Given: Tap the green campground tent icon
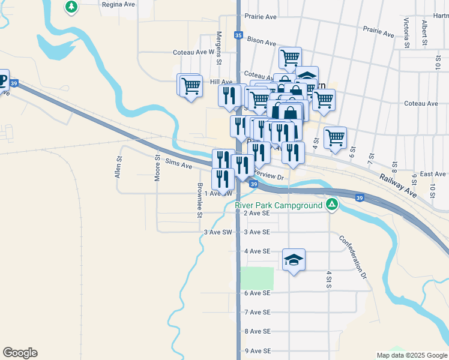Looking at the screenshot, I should [x=331, y=205].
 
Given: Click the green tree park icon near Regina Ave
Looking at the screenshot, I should [x=71, y=7].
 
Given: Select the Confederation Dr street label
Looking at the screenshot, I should [x=353, y=257].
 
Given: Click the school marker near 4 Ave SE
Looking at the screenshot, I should [x=294, y=260].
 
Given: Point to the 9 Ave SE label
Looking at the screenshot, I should [x=258, y=350].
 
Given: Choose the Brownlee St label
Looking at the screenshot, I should [x=200, y=200].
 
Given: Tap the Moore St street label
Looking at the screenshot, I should [x=157, y=169].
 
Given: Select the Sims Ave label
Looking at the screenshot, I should [x=179, y=163].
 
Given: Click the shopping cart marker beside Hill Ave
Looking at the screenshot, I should [x=191, y=86].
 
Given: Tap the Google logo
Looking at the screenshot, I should [x=20, y=353].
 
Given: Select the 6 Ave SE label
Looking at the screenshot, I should [x=258, y=293].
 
